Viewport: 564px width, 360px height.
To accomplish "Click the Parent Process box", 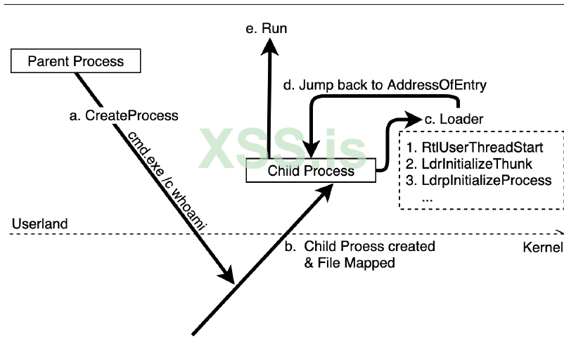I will coord(76,61).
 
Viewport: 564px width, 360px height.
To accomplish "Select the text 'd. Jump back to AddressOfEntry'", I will coord(385,84).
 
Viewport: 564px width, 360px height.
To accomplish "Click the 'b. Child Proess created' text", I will coord(370,247).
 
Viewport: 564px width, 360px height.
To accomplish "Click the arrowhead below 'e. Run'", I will coord(269,46).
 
